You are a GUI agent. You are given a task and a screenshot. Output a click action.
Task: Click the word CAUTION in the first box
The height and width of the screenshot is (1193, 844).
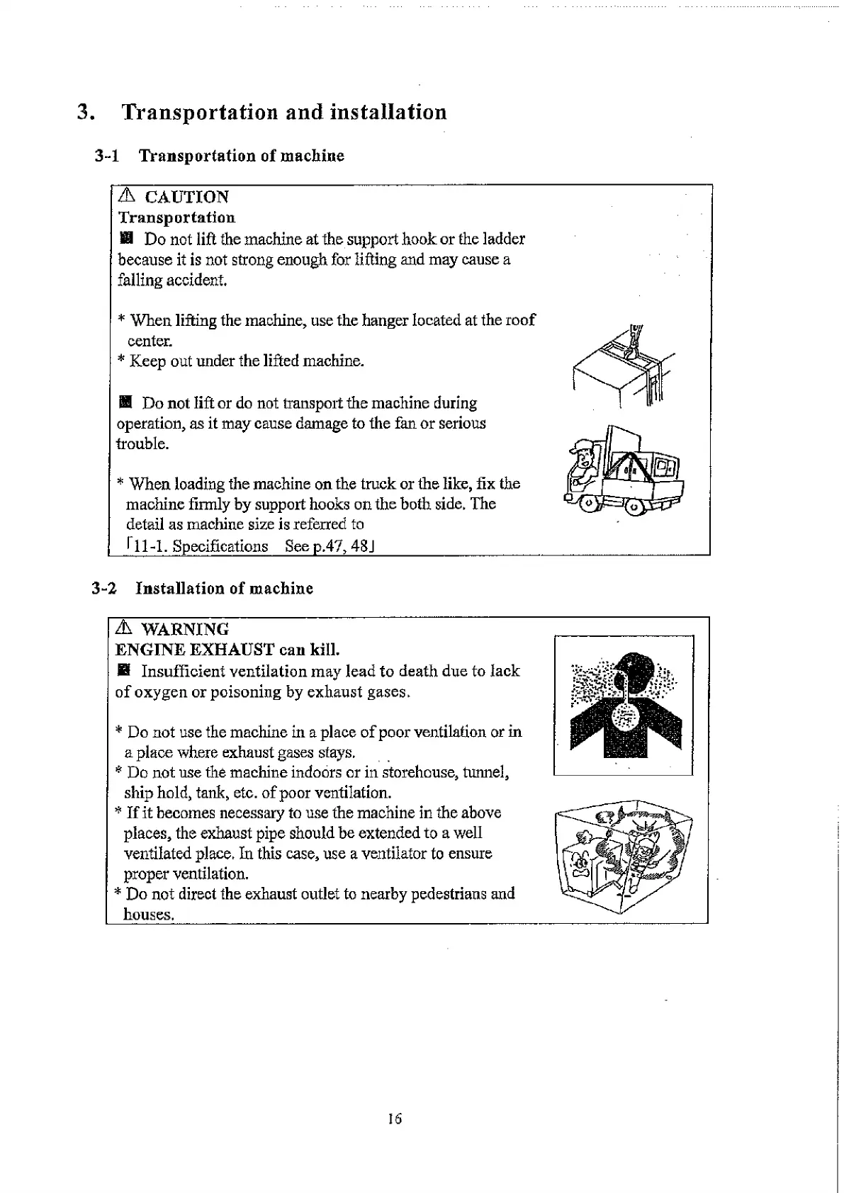(186, 197)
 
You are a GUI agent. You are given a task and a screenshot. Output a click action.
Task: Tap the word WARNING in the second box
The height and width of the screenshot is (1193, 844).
(184, 629)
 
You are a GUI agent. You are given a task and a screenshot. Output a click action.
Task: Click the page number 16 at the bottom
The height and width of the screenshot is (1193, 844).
(395, 1119)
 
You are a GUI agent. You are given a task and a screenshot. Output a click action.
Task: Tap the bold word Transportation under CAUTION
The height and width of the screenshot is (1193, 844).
(176, 217)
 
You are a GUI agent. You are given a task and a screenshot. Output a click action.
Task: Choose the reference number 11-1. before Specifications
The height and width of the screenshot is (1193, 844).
(149, 546)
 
